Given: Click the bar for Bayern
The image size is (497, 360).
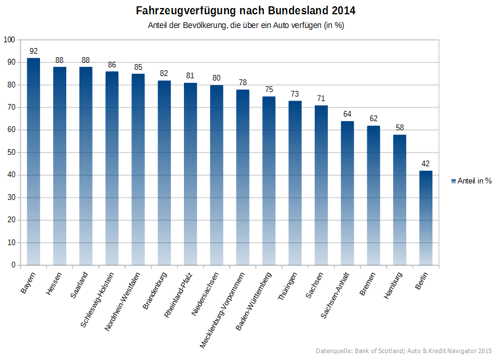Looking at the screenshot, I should click(x=33, y=161).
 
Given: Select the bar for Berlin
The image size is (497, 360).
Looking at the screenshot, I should click(x=426, y=218).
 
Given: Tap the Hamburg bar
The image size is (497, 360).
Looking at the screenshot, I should click(x=399, y=200).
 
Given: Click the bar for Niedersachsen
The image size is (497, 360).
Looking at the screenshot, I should click(x=217, y=175).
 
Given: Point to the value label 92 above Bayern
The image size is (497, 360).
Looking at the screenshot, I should click(x=33, y=51).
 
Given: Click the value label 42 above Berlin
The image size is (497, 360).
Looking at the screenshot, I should click(x=426, y=163).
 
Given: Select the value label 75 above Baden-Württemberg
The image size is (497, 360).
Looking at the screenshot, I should click(x=268, y=89).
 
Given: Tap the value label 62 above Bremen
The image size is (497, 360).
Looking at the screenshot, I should click(x=373, y=118).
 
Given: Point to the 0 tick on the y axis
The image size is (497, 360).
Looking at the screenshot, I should click(x=13, y=265).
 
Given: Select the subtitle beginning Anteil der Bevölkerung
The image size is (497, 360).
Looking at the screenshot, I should click(x=246, y=26).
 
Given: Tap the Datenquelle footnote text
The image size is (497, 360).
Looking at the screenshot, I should click(x=403, y=350).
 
